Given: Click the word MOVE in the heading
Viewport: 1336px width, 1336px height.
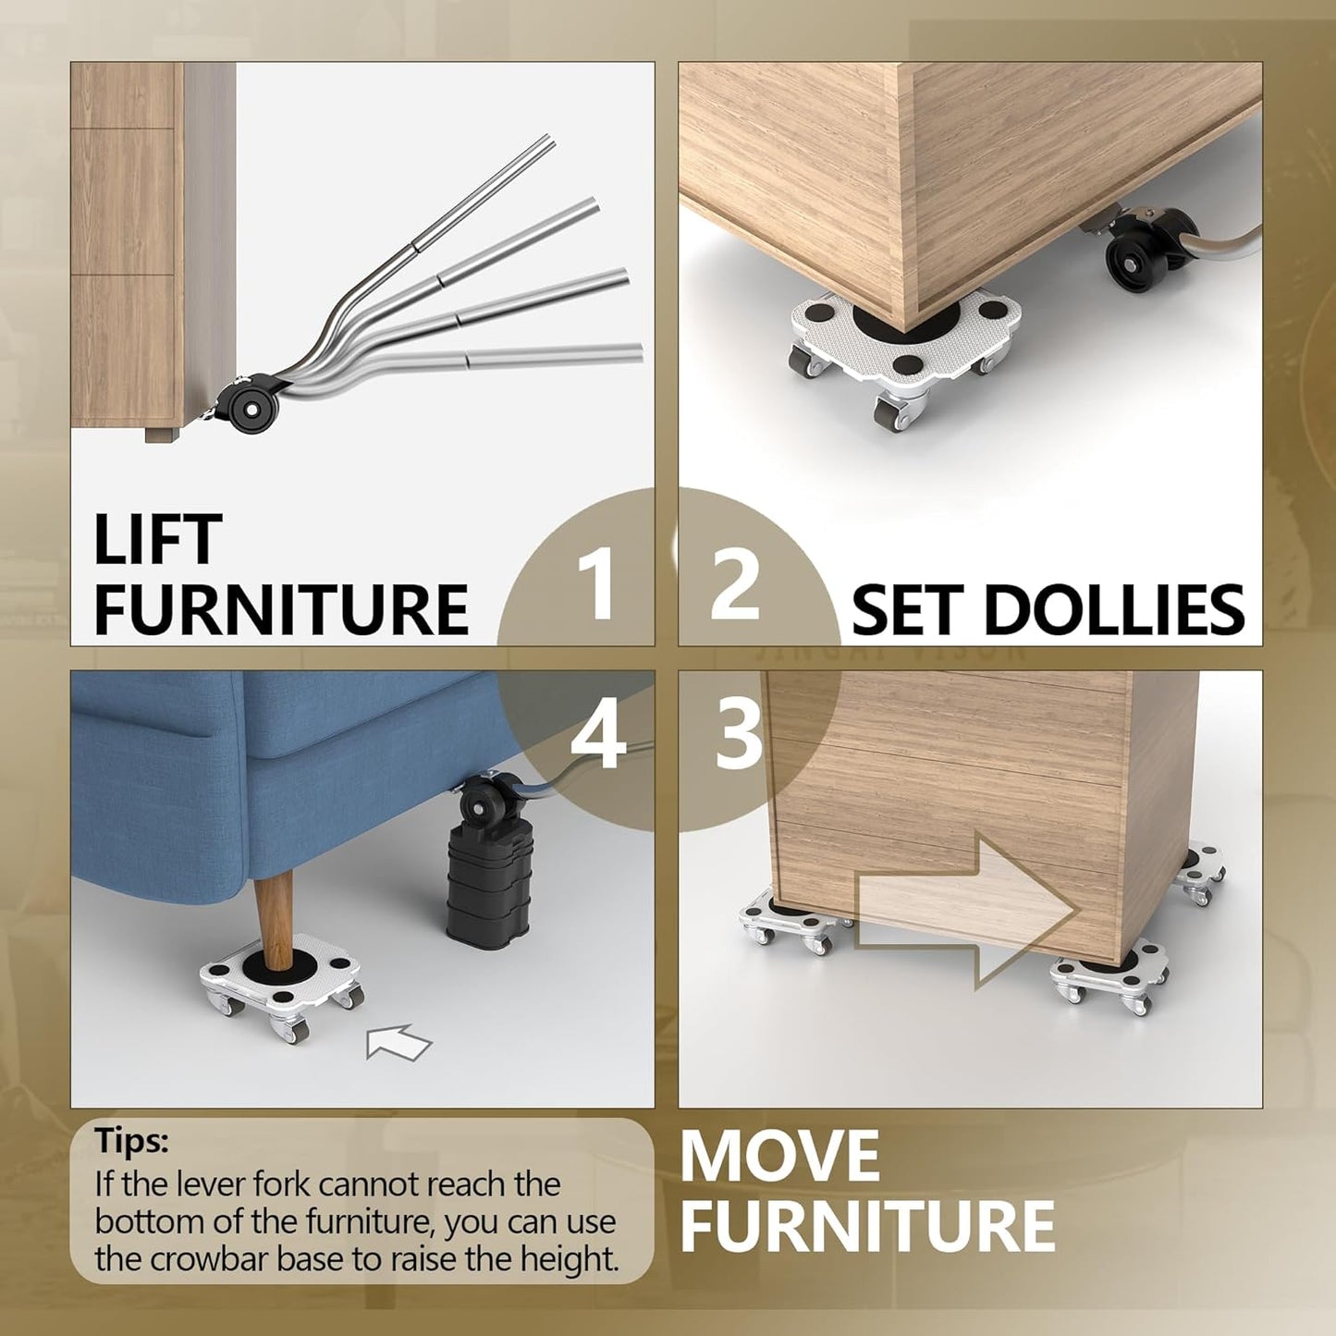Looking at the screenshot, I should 779,1156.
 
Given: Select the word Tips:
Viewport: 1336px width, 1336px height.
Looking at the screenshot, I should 131,1141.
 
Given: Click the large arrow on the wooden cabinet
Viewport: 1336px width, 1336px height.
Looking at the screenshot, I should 966,910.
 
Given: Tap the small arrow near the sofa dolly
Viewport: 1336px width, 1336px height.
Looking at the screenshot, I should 398,1042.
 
